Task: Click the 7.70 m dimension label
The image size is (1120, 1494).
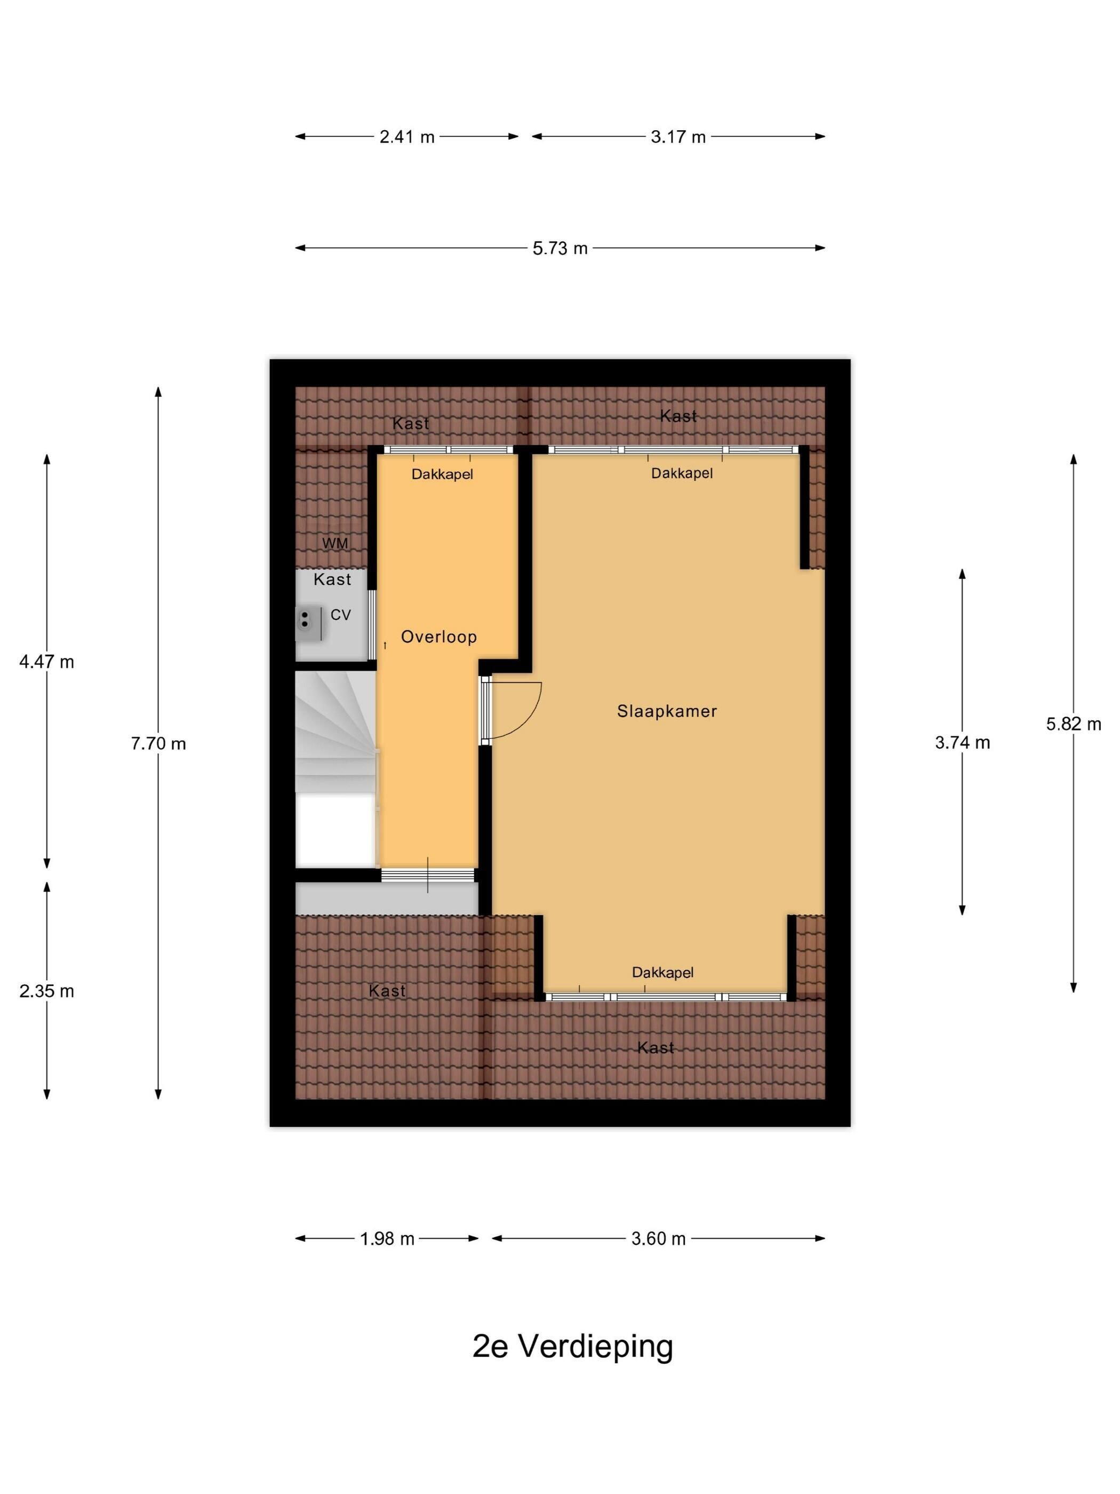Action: coord(158,744)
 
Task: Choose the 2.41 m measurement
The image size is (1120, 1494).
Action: coord(406,137)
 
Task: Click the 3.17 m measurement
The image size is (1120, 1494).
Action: coord(678,137)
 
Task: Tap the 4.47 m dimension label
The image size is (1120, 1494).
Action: coord(46,662)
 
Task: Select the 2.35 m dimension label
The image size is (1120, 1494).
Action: coord(46,991)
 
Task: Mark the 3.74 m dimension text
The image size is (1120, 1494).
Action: coord(962,743)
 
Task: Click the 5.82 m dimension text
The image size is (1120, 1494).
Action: coord(1074,724)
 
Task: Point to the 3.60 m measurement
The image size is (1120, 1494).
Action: coord(658,1239)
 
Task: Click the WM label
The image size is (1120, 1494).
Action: coord(335,543)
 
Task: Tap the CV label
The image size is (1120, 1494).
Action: coord(340,615)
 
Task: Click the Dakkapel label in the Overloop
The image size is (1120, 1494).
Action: coord(442,474)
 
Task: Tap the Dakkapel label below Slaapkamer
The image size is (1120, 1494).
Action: coord(662,973)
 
